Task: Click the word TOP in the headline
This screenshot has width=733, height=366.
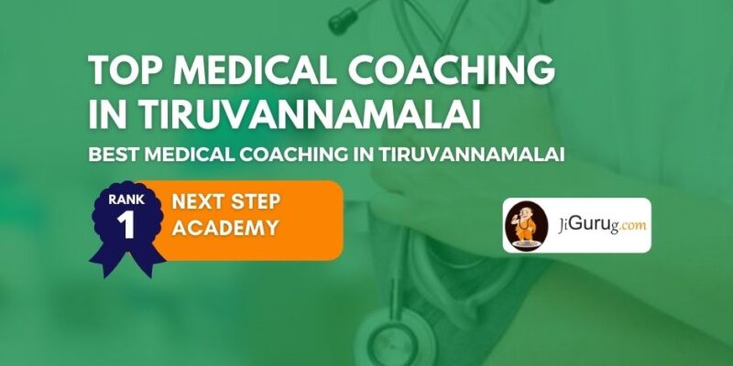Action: pos(126,70)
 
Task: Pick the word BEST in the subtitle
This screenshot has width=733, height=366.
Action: pos(113,155)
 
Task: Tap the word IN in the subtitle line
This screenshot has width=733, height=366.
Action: pos(364,155)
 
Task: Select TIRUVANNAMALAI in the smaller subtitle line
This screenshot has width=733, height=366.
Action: pos(472,155)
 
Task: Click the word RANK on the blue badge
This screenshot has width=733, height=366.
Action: pos(126,199)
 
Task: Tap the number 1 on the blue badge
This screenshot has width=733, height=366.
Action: pos(126,225)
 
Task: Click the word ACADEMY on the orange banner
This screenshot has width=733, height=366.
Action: pos(225,228)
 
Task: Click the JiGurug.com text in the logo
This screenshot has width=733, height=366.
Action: pos(602,225)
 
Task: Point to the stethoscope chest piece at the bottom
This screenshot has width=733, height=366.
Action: pos(392,339)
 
